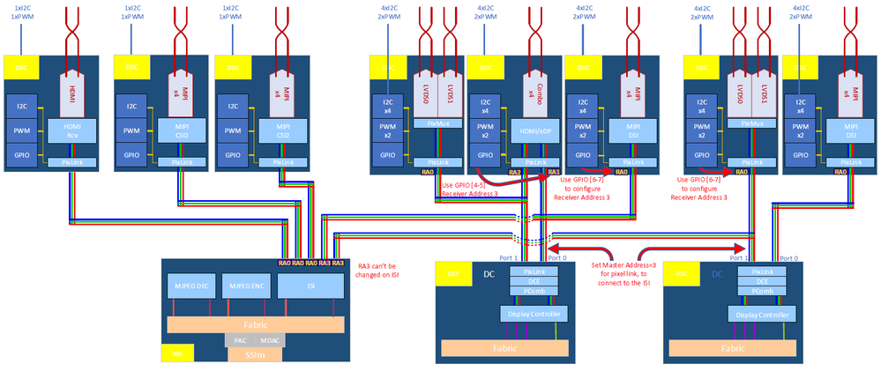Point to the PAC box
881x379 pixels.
pos(239,339)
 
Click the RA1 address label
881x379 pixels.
pos(553,172)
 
